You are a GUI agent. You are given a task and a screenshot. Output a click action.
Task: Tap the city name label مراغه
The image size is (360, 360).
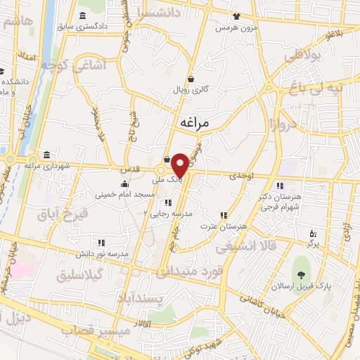coord(195,123)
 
